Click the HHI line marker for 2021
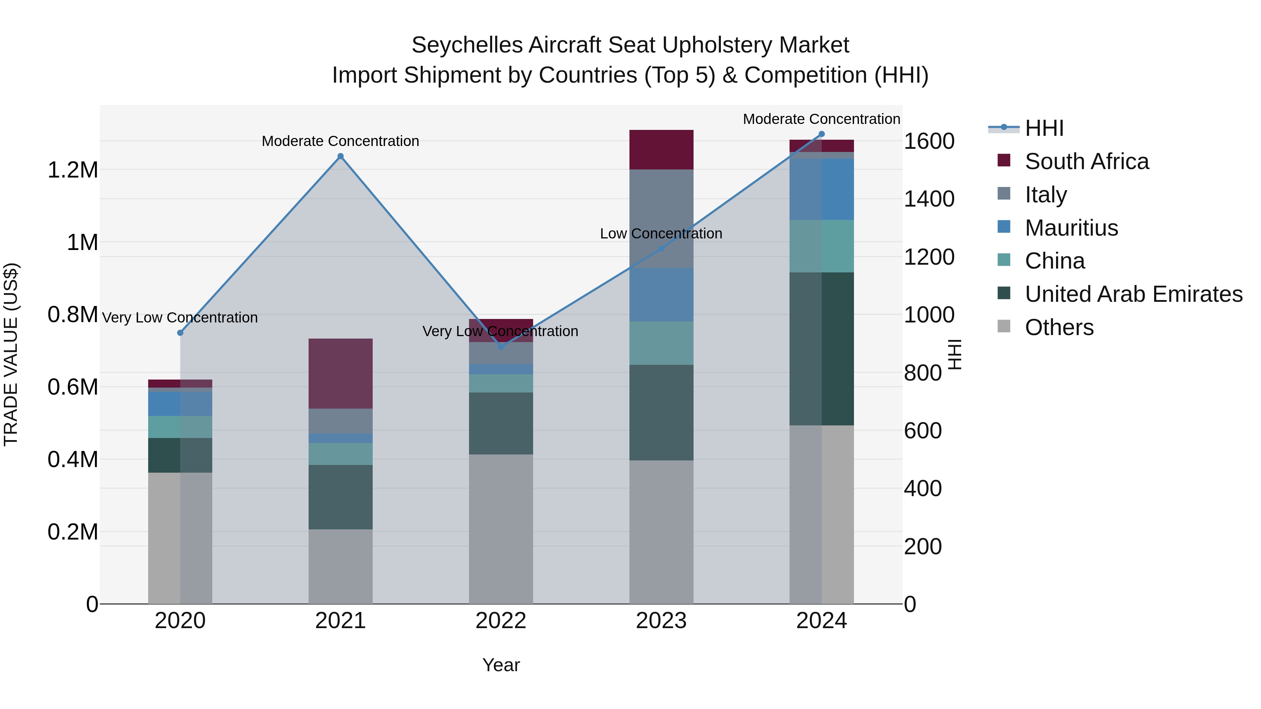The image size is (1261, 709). pyautogui.click(x=340, y=157)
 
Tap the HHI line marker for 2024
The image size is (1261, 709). pyautogui.click(x=821, y=134)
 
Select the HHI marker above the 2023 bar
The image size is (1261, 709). pyautogui.click(x=661, y=249)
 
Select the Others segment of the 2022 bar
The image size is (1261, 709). pyautogui.click(x=501, y=528)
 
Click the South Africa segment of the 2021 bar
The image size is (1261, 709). pyautogui.click(x=340, y=373)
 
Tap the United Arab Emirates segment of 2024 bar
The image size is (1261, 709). pyautogui.click(x=821, y=348)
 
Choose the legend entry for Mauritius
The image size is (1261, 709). pyautogui.click(x=1071, y=228)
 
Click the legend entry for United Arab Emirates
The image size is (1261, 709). pyautogui.click(x=1133, y=294)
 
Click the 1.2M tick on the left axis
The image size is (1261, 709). pyautogui.click(x=73, y=170)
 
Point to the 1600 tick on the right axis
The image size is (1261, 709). pyautogui.click(x=929, y=141)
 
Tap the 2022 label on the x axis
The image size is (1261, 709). pyautogui.click(x=501, y=621)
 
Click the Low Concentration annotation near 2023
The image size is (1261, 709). pyautogui.click(x=661, y=234)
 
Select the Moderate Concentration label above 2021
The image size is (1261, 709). pyautogui.click(x=340, y=141)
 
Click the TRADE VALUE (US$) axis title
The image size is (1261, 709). pyautogui.click(x=11, y=354)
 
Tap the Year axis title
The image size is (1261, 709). pyautogui.click(x=501, y=665)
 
